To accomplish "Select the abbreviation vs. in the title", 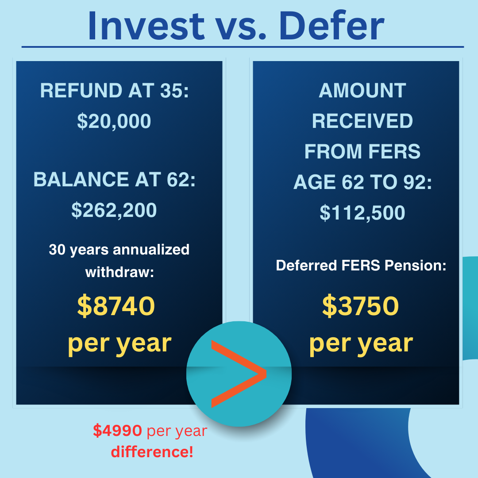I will (240, 27).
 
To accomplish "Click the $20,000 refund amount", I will (114, 121).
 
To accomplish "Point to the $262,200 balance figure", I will (114, 211).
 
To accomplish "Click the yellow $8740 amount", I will (116, 306).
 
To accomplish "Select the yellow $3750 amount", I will (361, 306).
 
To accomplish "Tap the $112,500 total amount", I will (362, 213).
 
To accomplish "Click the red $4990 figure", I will (118, 431).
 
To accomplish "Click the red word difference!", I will (152, 452).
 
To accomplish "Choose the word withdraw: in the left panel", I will (119, 272).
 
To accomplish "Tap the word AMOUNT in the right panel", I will (362, 91).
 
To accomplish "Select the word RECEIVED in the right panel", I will (362, 121).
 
